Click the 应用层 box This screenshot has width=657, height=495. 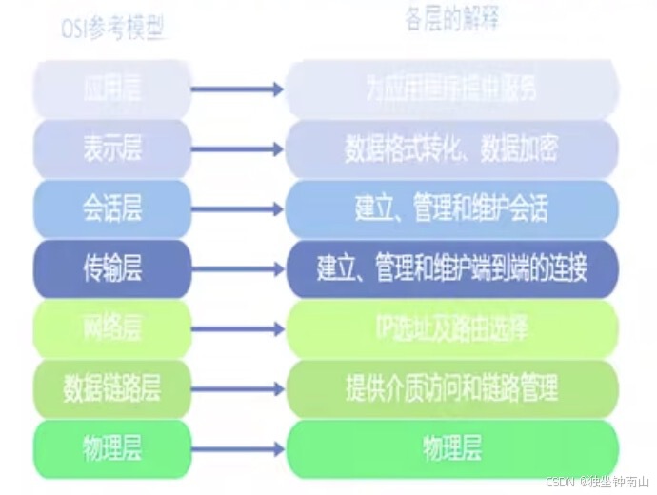click(112, 89)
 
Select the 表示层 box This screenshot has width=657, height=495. click(112, 148)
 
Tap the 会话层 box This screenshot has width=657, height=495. click(112, 208)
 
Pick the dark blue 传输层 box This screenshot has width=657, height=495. click(112, 268)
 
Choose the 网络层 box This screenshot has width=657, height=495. click(112, 328)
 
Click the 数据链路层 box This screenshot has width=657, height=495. click(112, 388)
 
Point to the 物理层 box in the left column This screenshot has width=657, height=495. click(112, 447)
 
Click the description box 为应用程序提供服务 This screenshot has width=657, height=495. click(451, 89)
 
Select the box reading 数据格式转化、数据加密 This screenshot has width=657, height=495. click(451, 148)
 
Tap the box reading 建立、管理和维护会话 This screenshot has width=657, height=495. click(451, 208)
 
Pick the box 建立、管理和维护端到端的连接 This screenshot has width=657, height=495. click(451, 268)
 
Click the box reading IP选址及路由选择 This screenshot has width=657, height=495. click(451, 328)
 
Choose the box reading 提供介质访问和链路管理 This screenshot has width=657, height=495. click(451, 388)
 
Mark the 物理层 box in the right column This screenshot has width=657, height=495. click(451, 447)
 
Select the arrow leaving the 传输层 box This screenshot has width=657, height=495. click(237, 268)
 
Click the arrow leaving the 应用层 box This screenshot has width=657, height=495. click(237, 89)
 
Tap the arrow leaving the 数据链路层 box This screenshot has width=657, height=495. click(237, 388)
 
